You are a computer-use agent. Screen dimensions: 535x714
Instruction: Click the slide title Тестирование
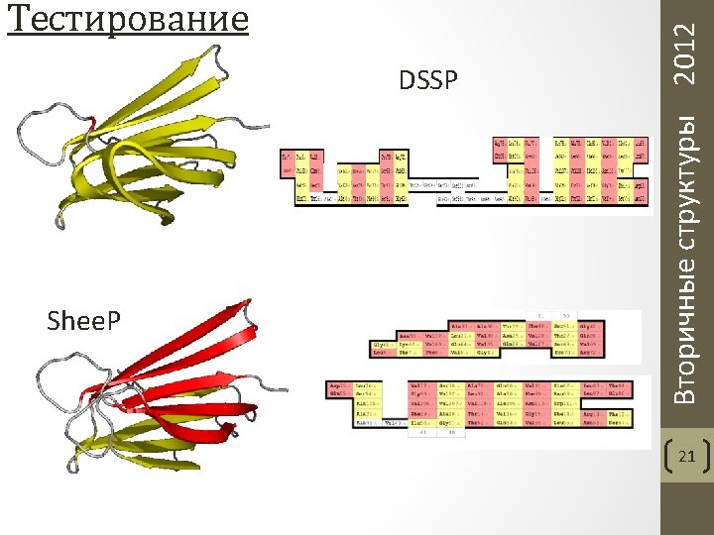click(127, 18)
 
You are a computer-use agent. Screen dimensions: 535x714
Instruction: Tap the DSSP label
click(429, 79)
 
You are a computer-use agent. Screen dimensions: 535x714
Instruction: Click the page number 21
click(686, 457)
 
